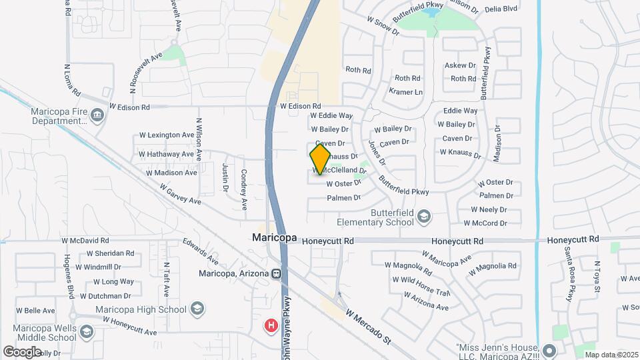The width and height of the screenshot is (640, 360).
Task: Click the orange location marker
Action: tap(320, 159)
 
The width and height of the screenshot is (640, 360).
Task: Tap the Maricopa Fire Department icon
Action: tap(98, 116)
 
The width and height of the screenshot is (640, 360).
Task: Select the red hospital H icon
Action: tap(271, 326)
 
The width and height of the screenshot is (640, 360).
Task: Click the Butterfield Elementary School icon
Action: tap(423, 216)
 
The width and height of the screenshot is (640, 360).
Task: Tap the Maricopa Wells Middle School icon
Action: tap(86, 331)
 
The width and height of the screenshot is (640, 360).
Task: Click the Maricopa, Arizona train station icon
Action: tap(275, 273)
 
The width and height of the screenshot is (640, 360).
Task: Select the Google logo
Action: tap(22, 351)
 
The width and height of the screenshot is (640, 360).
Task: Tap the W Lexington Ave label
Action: tap(166, 135)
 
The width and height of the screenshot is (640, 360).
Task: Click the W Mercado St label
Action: tap(368, 326)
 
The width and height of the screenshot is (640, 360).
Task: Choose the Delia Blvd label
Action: tap(501, 9)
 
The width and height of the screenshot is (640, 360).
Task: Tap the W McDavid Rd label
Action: tap(85, 240)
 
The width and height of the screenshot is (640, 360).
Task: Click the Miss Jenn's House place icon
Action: tap(548, 350)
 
